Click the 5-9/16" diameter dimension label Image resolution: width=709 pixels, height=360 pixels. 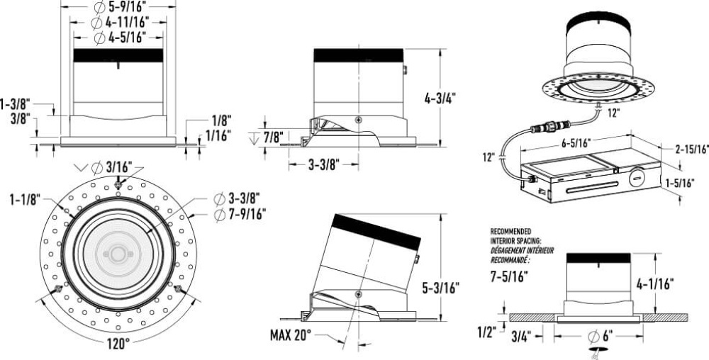tap(120, 7)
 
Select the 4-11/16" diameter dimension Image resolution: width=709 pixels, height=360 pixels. tap(120, 22)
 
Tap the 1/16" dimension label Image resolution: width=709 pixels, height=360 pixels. tap(218, 135)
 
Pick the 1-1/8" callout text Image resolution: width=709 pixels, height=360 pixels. tap(26, 198)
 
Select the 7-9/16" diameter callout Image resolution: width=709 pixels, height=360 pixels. tap(240, 214)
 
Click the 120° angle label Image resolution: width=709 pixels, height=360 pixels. tap(118, 344)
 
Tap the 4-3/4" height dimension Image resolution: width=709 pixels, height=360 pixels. tap(440, 99)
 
